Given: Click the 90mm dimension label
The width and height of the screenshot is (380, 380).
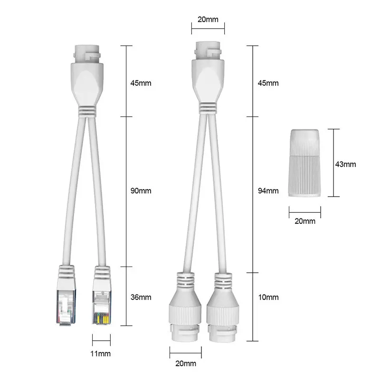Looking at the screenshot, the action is pos(141,191).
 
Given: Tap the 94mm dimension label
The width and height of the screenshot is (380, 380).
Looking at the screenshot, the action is pos(268,191).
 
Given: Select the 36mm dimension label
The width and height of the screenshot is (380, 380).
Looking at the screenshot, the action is pos(141,297).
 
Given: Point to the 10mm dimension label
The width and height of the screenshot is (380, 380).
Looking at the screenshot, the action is pos(268,297).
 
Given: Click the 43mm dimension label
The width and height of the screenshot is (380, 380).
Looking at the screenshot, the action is pos(346,164).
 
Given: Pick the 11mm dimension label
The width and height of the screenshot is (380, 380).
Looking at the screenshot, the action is pos(101,353).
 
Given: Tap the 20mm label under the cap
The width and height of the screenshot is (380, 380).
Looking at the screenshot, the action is pos(305,221).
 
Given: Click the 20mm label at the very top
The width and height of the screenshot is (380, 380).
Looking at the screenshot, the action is pos(208,19).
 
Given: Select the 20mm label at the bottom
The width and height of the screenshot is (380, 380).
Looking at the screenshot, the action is pos(186,363).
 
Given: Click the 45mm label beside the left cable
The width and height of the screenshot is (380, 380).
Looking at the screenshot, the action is pos(141,83).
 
